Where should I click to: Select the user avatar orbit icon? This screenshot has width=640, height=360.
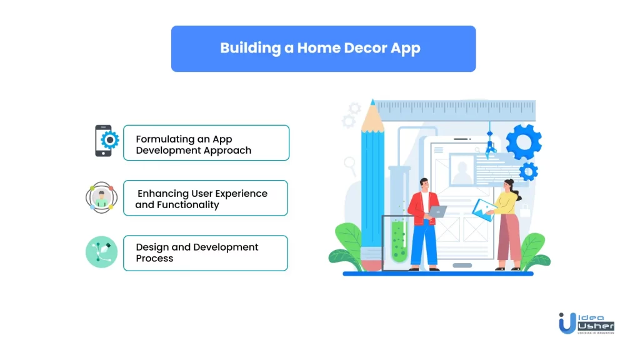tap(102, 197)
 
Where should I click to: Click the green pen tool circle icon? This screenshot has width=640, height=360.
tap(102, 252)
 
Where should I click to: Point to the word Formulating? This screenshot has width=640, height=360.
tap(165, 139)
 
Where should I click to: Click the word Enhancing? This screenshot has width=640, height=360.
tap(163, 194)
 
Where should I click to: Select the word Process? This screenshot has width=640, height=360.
tap(154, 258)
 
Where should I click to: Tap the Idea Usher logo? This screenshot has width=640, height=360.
tap(586, 323)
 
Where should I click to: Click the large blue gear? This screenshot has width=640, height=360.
tap(524, 142)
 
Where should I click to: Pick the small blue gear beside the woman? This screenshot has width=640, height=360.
tap(529, 171)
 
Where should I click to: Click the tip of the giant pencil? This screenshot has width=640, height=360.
tap(372, 101)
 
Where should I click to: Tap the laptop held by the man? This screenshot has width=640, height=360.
tap(437, 211)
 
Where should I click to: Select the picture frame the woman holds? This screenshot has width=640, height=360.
tap(484, 210)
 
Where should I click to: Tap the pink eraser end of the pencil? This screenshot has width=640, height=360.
tap(372, 265)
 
